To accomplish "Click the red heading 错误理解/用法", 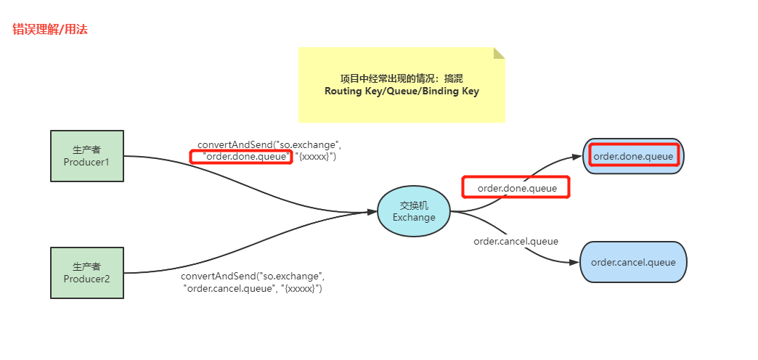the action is (x=50, y=30).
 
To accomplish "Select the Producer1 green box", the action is (x=86, y=156).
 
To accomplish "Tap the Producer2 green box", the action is (x=86, y=272).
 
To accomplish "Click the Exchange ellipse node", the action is (x=414, y=211).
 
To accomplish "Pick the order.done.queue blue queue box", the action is (x=633, y=156).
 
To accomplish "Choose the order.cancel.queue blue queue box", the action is (x=633, y=262).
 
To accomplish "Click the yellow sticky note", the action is (x=402, y=85).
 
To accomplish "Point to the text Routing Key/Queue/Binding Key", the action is (x=402, y=91).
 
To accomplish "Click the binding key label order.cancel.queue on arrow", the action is (x=515, y=241).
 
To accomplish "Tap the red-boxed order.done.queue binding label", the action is (x=516, y=188).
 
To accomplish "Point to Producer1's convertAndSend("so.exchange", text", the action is (x=269, y=144).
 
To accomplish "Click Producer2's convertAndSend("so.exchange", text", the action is (x=253, y=276).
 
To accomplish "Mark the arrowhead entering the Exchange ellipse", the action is (x=372, y=212).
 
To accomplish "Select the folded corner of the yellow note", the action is (x=499, y=53).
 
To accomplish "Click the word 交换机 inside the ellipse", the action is (x=414, y=205).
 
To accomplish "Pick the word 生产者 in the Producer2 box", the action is (x=86, y=266).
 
